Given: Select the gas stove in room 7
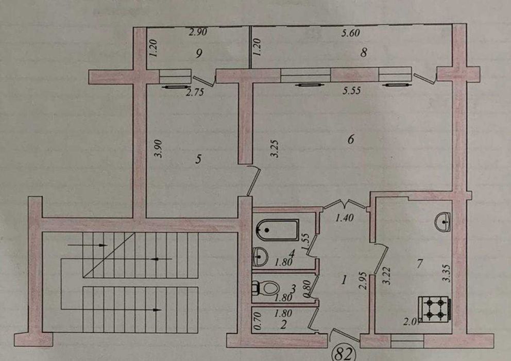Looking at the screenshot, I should (x=435, y=308).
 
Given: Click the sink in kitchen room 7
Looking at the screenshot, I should (x=442, y=223).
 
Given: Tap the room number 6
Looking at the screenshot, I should (x=351, y=139).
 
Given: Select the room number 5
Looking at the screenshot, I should (x=198, y=160).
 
